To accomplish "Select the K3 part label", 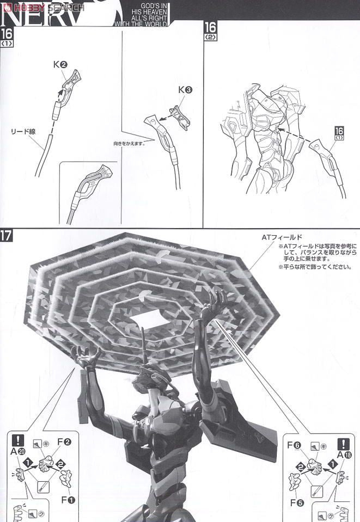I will (x=185, y=90).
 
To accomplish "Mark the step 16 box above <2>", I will (x=210, y=28).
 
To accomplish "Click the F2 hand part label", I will (x=64, y=442).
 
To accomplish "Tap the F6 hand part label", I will (x=294, y=445).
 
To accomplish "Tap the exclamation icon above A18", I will (x=343, y=444).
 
